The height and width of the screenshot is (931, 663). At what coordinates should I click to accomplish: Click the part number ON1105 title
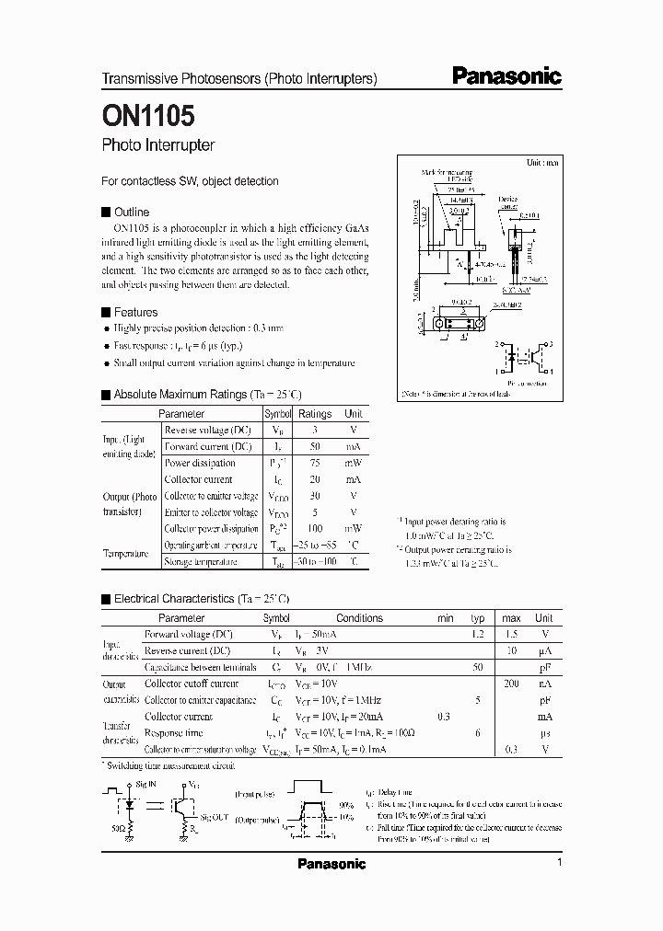pyautogui.click(x=147, y=118)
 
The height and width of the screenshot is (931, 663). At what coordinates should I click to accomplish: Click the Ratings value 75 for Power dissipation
pyautogui.click(x=315, y=464)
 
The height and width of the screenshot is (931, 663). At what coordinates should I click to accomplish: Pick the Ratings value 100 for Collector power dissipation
pyautogui.click(x=315, y=529)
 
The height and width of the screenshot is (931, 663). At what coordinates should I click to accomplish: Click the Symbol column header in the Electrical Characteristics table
pyautogui.click(x=275, y=618)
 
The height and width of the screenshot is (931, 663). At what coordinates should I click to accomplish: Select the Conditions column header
pyautogui.click(x=358, y=618)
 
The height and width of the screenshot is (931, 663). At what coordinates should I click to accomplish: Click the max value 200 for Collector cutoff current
pyautogui.click(x=512, y=684)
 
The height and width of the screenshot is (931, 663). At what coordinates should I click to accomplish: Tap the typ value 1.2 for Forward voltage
pyautogui.click(x=478, y=635)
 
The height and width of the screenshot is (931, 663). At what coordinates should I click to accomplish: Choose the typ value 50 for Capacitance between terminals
pyautogui.click(x=478, y=667)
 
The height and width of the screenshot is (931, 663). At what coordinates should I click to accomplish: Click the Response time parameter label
pyautogui.click(x=174, y=733)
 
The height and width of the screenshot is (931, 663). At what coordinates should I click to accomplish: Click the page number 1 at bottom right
pyautogui.click(x=559, y=863)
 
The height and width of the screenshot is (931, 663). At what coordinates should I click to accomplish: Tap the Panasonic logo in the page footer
pyautogui.click(x=331, y=864)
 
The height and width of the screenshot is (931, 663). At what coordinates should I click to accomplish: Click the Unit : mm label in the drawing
pyautogui.click(x=542, y=162)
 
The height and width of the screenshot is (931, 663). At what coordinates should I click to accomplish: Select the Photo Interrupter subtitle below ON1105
pyautogui.click(x=157, y=145)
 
